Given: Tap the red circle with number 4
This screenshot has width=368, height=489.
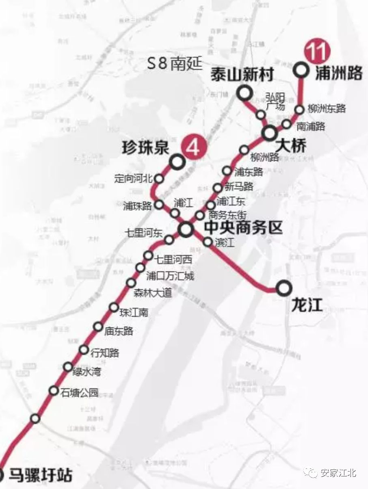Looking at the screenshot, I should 193,147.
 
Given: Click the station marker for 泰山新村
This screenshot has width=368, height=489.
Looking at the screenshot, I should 245,94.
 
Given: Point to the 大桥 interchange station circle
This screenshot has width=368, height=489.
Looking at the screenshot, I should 269,133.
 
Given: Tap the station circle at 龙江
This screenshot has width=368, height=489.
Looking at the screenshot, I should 284,288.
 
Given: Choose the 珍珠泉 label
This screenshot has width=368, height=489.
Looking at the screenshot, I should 145,148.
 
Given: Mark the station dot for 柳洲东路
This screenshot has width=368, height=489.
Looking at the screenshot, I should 299,109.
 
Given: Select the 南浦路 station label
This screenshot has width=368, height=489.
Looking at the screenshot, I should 311,126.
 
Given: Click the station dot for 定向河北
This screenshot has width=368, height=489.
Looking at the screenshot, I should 159,179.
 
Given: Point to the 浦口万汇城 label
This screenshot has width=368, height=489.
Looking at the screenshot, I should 170,276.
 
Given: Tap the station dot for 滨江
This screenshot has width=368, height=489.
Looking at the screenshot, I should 208,242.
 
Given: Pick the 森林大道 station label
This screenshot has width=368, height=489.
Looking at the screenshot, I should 153,293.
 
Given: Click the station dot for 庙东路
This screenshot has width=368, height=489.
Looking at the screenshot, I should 98,326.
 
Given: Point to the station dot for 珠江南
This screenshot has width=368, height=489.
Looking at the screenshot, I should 114,307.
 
